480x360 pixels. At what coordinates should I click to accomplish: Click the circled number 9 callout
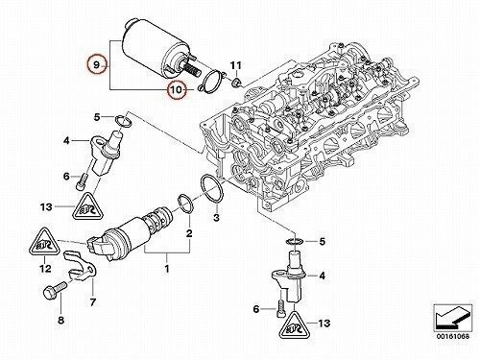coord(96,65)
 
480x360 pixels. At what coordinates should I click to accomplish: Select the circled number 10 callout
coord(177,89)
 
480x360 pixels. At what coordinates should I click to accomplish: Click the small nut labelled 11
coord(236,83)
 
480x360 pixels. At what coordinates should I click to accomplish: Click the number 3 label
coord(216,218)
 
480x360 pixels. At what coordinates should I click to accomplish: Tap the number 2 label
coord(189,233)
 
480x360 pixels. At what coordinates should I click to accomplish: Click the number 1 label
coord(167,269)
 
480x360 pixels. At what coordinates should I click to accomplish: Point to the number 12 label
coord(44,268)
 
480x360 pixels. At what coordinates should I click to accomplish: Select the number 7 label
coord(92,301)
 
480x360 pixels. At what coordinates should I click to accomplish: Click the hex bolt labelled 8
coord(54,289)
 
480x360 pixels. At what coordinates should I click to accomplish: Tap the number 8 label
coord(60,320)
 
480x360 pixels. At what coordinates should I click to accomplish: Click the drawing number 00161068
coord(452,336)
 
